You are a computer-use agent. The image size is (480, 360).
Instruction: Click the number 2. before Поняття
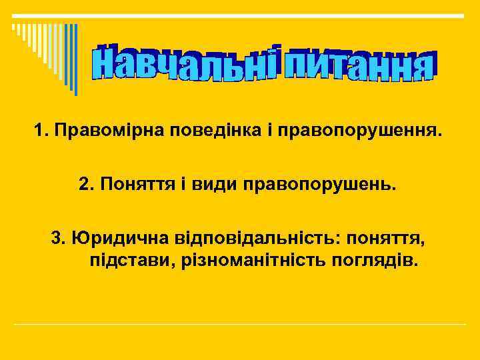[x=86, y=183]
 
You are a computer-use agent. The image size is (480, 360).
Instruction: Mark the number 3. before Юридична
[x=59, y=237]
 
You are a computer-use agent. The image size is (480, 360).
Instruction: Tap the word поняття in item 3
[x=389, y=238]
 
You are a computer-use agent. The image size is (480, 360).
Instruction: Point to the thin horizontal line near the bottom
[x=240, y=324]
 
